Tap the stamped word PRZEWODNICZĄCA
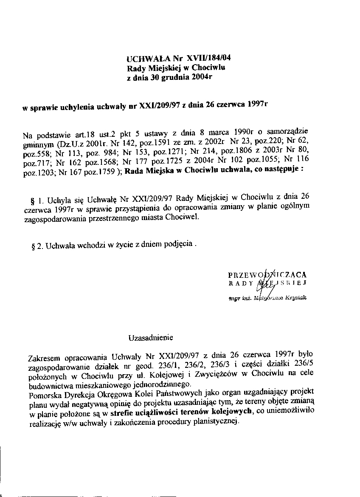coord(267,274)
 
